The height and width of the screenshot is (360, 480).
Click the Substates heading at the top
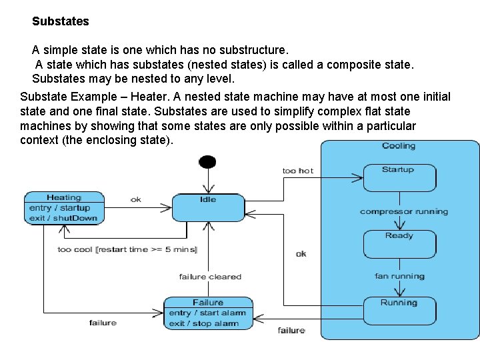[60, 21]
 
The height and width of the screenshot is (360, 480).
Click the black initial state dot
[208, 161]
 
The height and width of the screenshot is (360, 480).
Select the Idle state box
[208, 207]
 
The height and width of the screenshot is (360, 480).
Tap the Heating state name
[64, 197]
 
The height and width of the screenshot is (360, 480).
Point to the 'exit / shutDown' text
[63, 218]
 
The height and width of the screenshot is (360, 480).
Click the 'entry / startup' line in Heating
[60, 208]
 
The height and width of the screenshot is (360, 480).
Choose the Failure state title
[208, 303]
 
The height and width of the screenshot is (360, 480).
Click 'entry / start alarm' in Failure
[207, 313]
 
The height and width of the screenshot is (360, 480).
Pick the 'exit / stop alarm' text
[204, 323]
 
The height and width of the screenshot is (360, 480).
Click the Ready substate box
[399, 244]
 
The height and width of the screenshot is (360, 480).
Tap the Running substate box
[399, 311]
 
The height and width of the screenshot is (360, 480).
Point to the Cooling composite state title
[399, 146]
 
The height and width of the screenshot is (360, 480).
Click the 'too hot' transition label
[298, 171]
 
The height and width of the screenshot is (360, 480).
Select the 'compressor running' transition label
[404, 211]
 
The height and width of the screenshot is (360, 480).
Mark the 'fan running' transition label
[400, 276]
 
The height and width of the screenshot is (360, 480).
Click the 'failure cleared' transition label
[210, 277]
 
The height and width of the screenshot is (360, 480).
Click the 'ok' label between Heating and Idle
[136, 199]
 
